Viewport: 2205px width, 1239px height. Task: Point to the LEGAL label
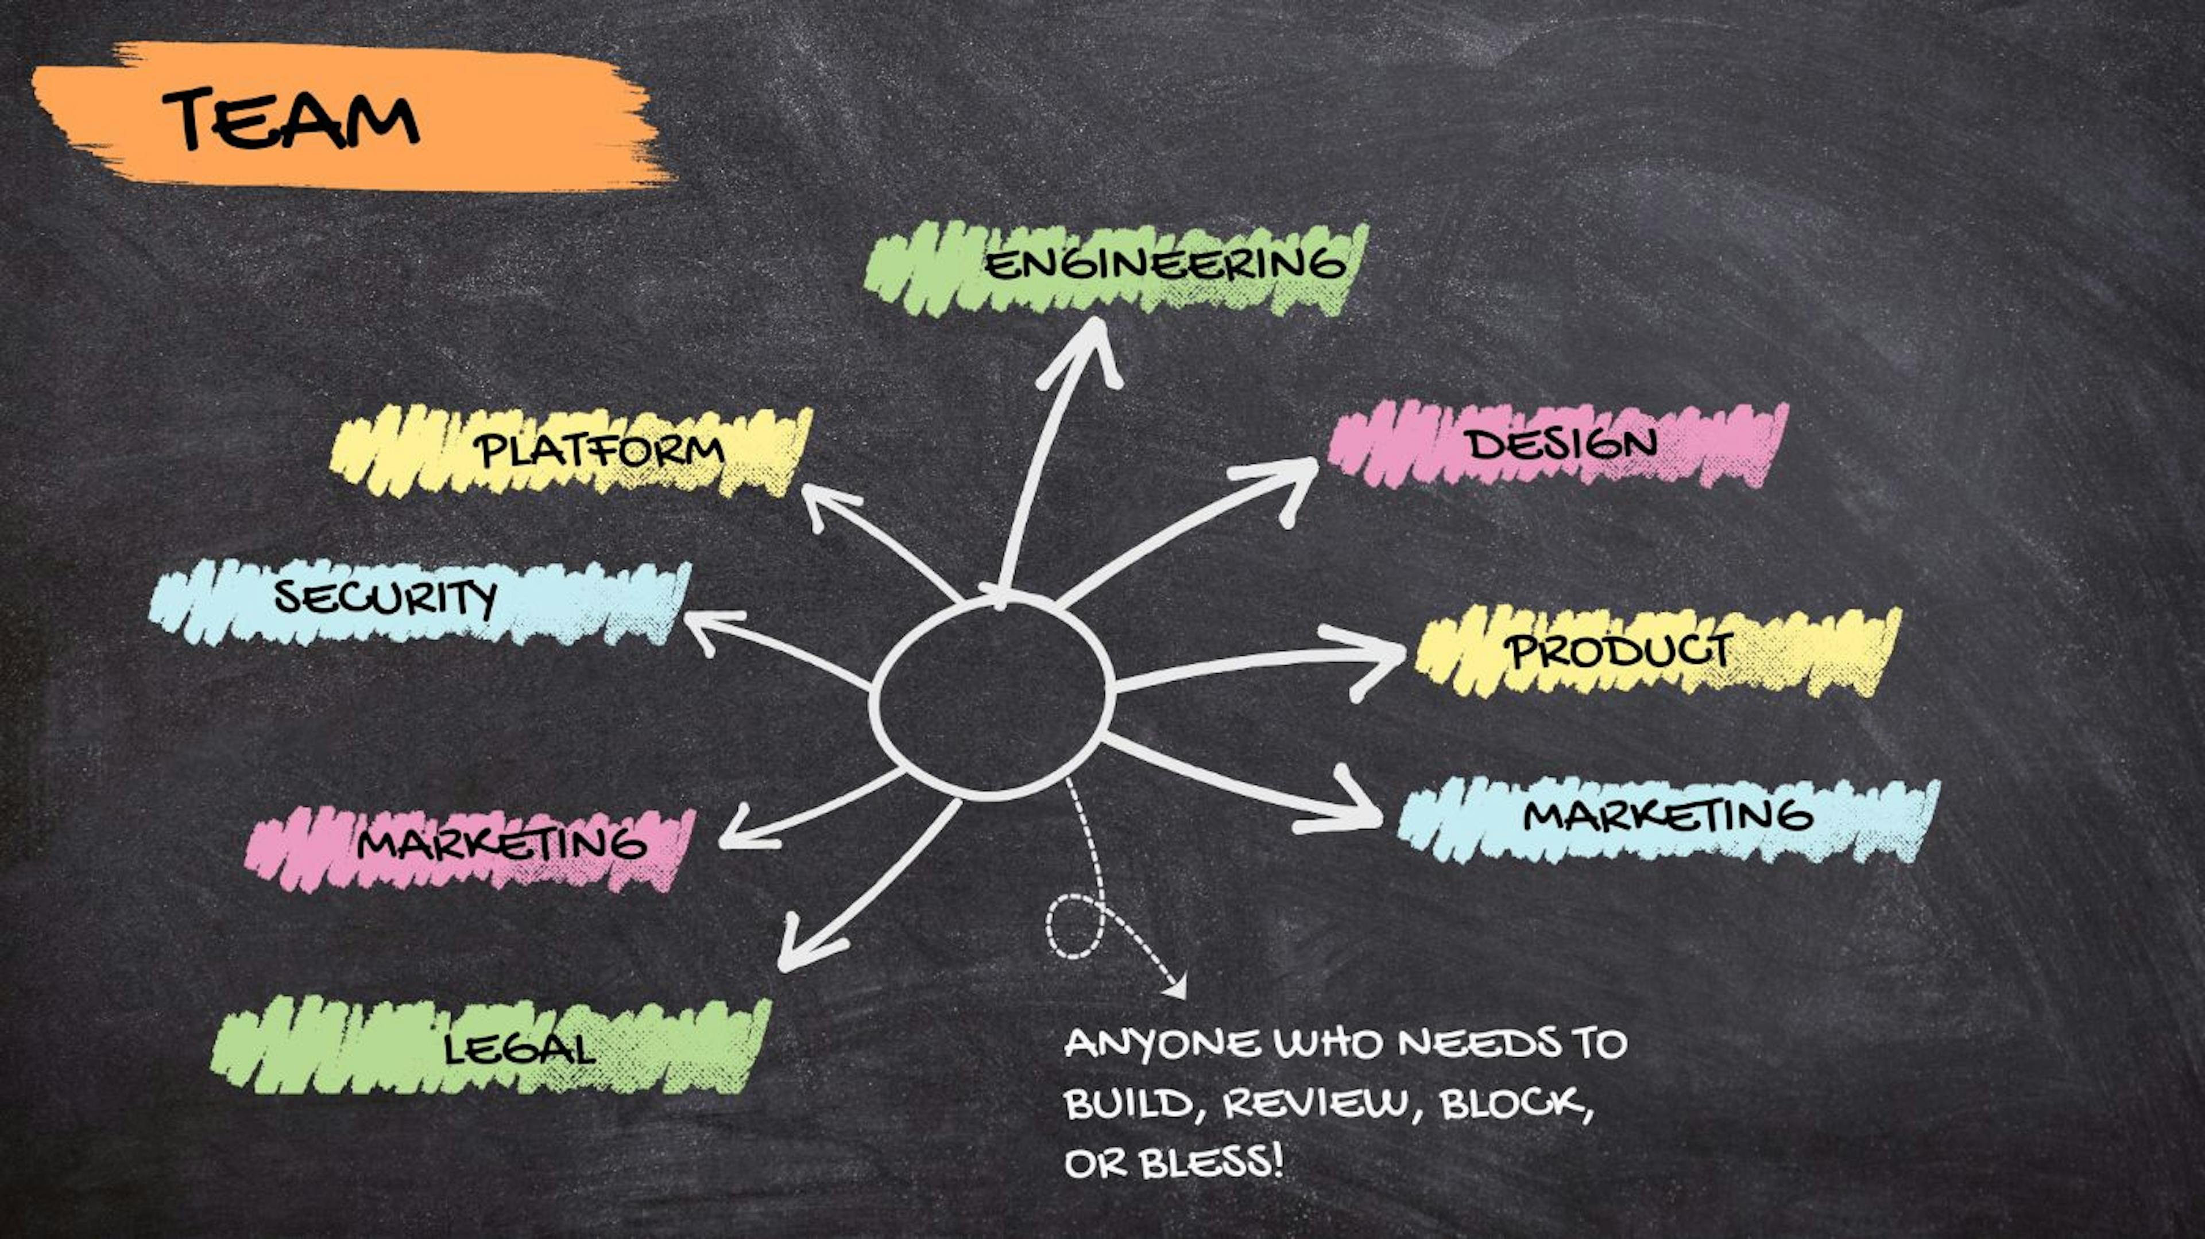[x=519, y=1048]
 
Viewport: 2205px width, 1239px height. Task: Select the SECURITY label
[x=385, y=596]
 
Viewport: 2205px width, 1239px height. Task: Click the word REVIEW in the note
[x=1314, y=1104]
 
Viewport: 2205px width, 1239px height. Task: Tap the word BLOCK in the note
[x=1512, y=1104]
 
